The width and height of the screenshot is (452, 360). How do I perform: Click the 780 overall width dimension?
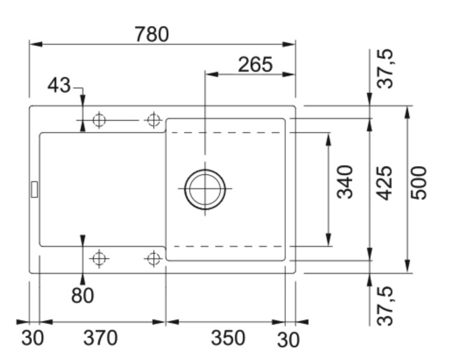(151, 34)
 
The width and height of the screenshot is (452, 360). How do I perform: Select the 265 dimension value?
(255, 64)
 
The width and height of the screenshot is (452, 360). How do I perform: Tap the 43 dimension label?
(59, 86)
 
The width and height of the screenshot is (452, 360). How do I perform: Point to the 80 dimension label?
(82, 295)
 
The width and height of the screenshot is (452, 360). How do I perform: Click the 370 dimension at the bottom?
(100, 338)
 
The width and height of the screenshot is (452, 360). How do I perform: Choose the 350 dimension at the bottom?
(228, 338)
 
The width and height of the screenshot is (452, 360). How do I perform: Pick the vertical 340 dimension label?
(345, 182)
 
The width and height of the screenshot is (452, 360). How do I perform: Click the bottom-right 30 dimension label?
(288, 340)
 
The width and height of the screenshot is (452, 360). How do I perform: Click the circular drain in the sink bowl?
(205, 189)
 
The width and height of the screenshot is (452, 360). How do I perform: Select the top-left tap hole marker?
(99, 120)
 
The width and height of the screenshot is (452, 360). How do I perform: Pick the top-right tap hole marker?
(154, 120)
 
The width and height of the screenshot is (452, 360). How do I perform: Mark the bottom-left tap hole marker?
(99, 259)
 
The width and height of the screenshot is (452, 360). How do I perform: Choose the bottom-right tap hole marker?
(154, 259)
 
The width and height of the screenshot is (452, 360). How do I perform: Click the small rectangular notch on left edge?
(34, 188)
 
